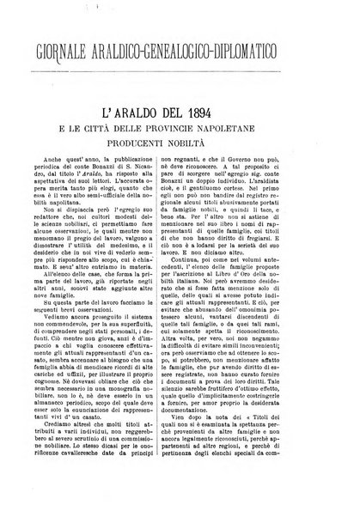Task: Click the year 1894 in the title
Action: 250,89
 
